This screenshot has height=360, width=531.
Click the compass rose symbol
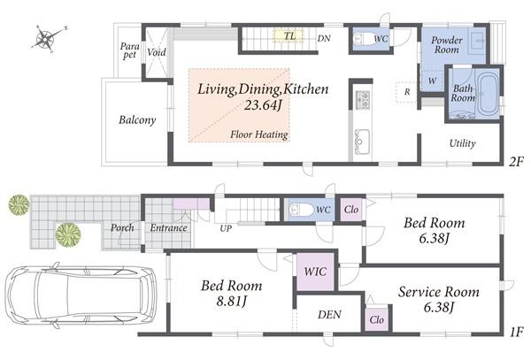pyautogui.click(x=47, y=38)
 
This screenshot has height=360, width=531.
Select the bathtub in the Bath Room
pyautogui.click(x=487, y=93)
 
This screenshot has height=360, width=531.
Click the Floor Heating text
pyautogui.click(x=258, y=135)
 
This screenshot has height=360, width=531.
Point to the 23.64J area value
pyautogui.click(x=263, y=106)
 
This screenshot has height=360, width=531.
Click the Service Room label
pyautogui.click(x=437, y=291)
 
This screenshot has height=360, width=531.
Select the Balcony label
pyautogui.click(x=137, y=120)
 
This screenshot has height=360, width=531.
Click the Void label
pyautogui.click(x=156, y=52)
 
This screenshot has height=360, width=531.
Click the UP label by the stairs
pyautogui.click(x=227, y=228)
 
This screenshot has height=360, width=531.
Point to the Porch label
pyautogui.click(x=122, y=228)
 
